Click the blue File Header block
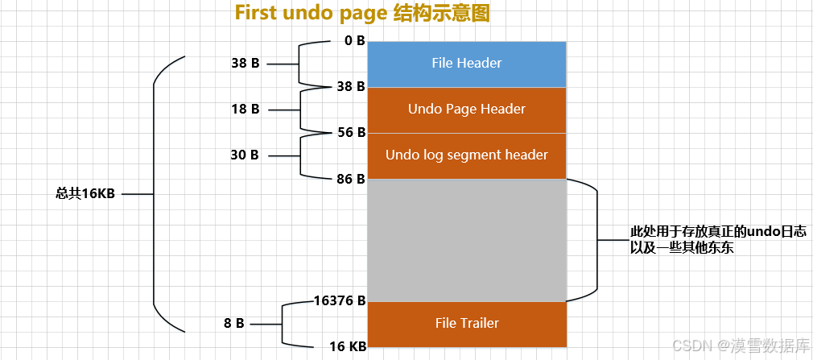coord(467,63)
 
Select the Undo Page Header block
coord(467,110)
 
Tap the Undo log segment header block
coord(467,155)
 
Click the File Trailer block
coord(467,324)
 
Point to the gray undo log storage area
coord(467,240)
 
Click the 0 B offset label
coord(354,40)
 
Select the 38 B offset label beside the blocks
coord(351,86)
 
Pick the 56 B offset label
coord(351,132)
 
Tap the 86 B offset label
coord(351,178)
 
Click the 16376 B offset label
coord(340,300)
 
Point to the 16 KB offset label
coord(348,347)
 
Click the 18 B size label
coord(245,110)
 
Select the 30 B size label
coord(245,155)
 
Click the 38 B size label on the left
coord(245,63)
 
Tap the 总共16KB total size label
coord(85,194)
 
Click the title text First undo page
coord(310,14)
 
